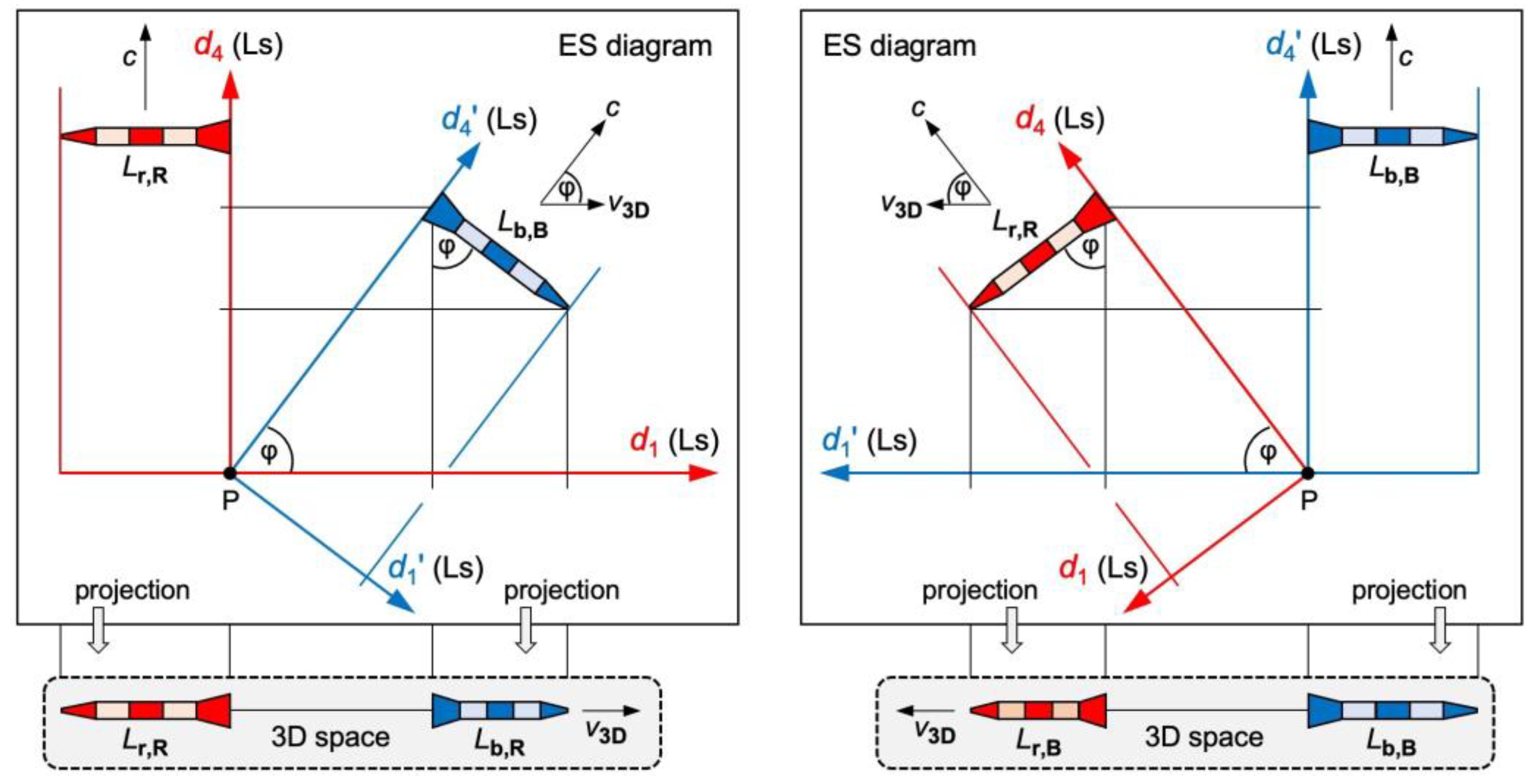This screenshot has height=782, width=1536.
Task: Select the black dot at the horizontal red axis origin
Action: [x=230, y=473]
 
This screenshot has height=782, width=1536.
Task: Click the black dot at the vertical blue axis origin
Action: [x=1308, y=473]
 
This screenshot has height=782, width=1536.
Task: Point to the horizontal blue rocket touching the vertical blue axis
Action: [x=1392, y=136]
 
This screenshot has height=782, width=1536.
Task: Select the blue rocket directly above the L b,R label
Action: [x=499, y=711]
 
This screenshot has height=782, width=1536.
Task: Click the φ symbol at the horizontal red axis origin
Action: [x=269, y=453]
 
